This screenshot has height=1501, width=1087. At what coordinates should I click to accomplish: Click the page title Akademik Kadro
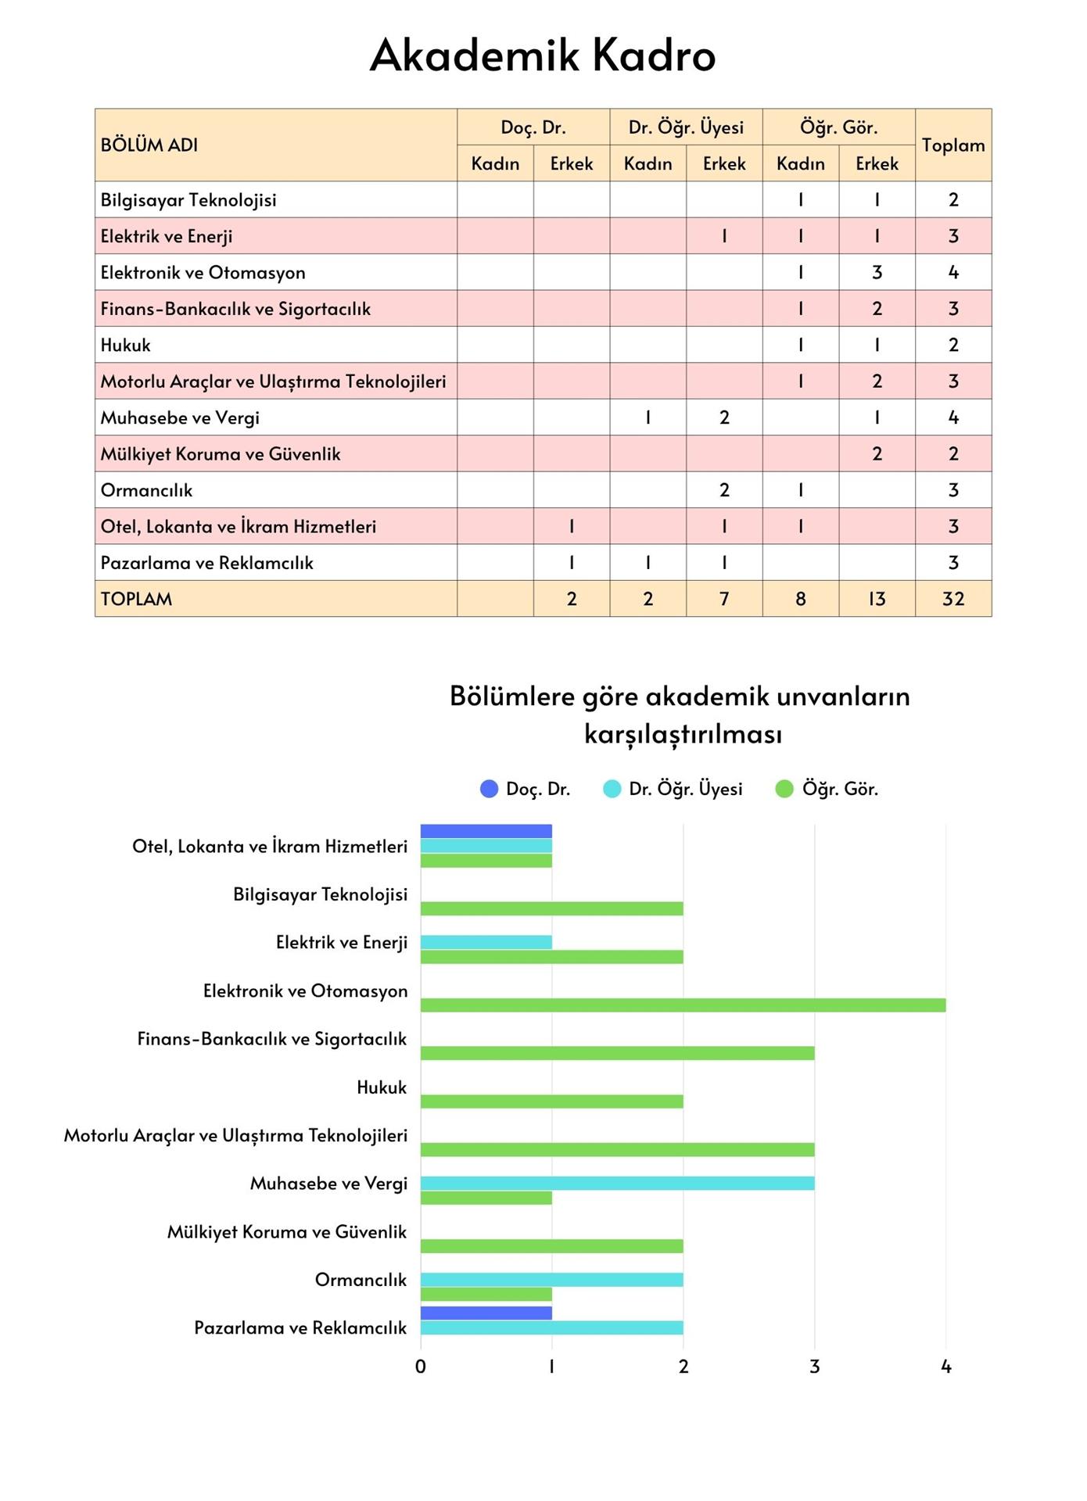(543, 56)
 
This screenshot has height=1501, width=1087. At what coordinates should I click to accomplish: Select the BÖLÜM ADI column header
(149, 145)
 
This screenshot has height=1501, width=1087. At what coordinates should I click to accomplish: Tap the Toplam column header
(952, 145)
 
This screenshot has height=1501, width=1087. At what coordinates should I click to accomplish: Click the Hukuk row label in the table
(126, 345)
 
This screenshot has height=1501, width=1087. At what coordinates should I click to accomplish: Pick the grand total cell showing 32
(952, 599)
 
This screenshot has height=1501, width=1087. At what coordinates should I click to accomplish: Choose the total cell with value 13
(877, 599)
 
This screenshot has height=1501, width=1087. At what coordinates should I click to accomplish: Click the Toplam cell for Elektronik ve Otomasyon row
(952, 272)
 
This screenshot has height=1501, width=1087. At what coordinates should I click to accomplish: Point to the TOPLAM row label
(136, 599)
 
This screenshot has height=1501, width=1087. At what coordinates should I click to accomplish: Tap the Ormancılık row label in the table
(146, 490)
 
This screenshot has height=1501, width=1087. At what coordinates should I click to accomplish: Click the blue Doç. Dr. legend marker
(489, 789)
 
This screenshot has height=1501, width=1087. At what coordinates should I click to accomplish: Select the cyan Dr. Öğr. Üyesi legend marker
(612, 789)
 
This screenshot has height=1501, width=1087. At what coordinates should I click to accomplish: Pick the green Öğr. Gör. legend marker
(784, 789)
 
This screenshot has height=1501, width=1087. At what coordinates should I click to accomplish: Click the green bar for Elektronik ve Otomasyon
(683, 1005)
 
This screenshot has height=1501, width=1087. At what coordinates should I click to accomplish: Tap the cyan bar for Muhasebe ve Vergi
(617, 1184)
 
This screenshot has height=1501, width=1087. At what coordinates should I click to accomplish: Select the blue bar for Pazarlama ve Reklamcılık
(486, 1313)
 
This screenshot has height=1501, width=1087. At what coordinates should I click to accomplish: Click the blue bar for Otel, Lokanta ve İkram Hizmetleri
(486, 831)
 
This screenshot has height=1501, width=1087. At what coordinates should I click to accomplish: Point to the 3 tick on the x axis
(814, 1367)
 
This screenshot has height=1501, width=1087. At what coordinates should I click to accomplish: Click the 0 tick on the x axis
(421, 1367)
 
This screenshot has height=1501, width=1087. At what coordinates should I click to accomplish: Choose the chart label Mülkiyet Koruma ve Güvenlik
(287, 1232)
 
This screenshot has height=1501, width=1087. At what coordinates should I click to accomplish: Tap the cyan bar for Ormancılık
(551, 1280)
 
